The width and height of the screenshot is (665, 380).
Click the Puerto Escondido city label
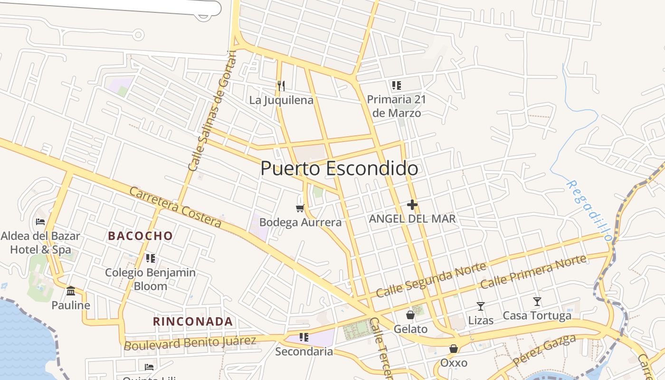[x=339, y=169]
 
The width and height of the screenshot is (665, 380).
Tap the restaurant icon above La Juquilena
[x=281, y=85]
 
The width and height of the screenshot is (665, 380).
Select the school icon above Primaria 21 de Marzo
[x=396, y=85]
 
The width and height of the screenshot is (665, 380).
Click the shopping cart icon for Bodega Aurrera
[x=300, y=208]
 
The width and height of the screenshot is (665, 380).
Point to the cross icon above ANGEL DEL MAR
[x=412, y=205]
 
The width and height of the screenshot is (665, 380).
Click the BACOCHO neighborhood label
[x=140, y=236]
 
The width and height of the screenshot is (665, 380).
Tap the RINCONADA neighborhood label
[x=193, y=322]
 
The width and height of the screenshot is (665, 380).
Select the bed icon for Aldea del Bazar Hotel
[x=40, y=221]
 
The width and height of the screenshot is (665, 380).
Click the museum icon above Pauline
[x=71, y=291]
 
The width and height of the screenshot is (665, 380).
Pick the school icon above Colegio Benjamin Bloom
[x=151, y=258]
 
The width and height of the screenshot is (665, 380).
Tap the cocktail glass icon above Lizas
[x=481, y=306]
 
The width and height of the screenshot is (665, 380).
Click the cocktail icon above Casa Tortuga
[x=537, y=301]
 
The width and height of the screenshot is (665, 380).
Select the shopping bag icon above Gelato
[x=410, y=315]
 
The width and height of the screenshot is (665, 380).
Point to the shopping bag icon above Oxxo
[x=454, y=349]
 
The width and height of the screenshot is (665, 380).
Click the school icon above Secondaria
[x=304, y=337]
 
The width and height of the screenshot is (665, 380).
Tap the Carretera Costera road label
[x=175, y=208]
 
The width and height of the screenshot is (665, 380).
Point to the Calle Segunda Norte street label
[x=431, y=280]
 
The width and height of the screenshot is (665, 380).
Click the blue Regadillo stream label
[x=588, y=210]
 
